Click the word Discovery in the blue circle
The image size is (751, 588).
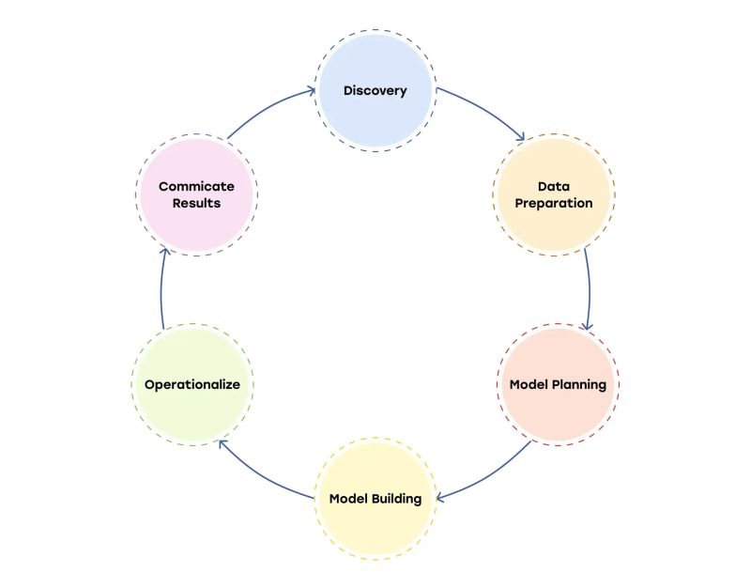[x=375, y=91]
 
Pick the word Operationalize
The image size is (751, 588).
[x=192, y=385]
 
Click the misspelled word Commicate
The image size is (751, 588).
[x=195, y=187]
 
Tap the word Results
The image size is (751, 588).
[x=195, y=203]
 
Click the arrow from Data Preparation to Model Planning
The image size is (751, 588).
[x=590, y=286]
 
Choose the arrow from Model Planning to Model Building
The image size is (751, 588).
[x=488, y=474]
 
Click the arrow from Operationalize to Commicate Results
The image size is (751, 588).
[x=161, y=286]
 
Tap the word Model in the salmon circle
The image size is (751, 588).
[x=529, y=385]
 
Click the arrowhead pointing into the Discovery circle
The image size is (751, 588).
[x=312, y=91]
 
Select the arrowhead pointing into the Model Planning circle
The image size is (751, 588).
[x=587, y=326]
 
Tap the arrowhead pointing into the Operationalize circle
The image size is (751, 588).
[x=220, y=442]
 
